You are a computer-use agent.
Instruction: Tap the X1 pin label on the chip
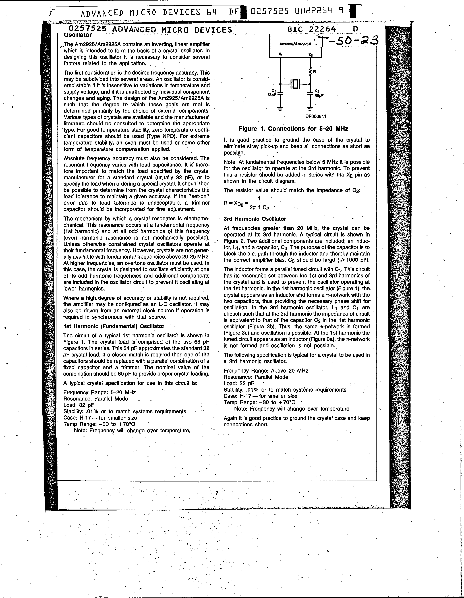[280, 54]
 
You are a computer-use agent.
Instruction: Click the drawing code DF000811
[316, 116]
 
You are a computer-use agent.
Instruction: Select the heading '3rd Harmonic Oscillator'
[255, 219]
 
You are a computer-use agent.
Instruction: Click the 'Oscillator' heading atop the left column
[78, 35]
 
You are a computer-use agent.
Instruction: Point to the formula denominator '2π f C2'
[259, 208]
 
